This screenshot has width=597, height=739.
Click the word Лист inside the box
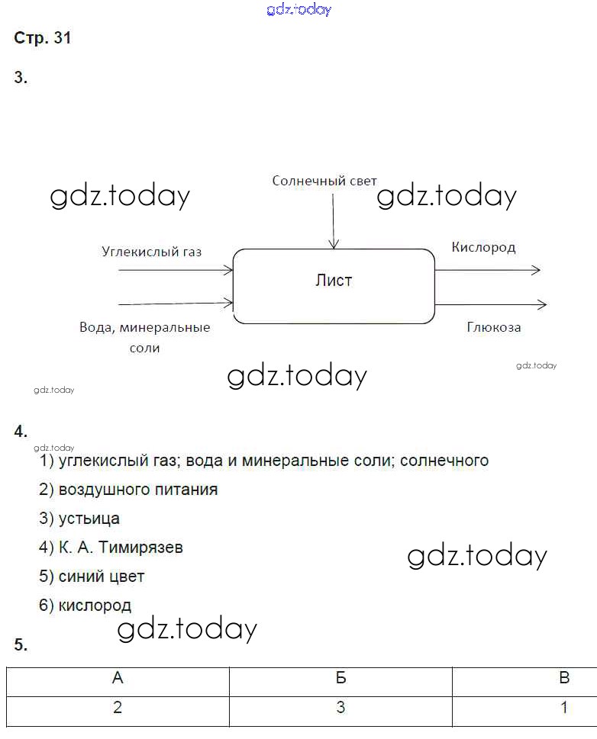pos(334,281)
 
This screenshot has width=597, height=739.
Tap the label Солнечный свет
pos(324,181)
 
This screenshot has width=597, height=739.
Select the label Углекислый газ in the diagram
pos(151,252)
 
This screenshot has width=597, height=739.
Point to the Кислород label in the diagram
pos(483,247)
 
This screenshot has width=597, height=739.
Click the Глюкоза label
pos(494,327)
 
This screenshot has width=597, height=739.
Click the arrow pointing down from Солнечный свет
pos(333,221)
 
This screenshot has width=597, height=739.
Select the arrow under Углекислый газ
pos(176,270)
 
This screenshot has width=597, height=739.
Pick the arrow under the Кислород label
pos(488,270)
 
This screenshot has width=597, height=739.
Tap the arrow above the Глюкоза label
pos(490,305)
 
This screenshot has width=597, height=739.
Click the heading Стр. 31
pos(43,38)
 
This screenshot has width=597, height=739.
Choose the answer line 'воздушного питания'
pos(137,490)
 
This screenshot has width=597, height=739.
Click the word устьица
pos(89,519)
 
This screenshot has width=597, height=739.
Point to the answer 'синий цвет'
pos(101,577)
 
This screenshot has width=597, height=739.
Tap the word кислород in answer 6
pos(95,606)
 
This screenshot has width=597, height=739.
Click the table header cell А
pos(118,678)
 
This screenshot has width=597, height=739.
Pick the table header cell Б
pos(340,678)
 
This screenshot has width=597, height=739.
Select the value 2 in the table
pos(118,707)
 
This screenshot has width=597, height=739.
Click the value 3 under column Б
pos(340,707)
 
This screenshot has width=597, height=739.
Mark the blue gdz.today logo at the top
pos(299,10)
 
